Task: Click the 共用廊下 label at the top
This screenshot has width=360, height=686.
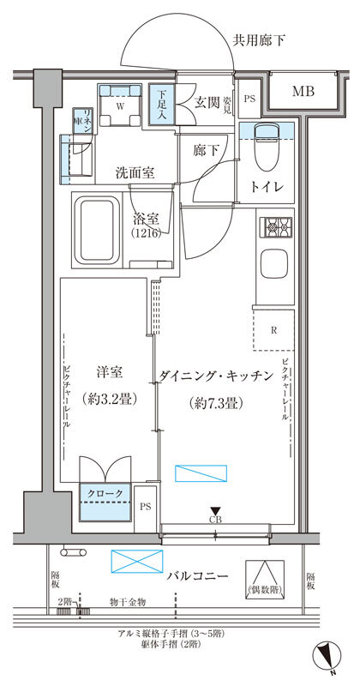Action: coord(261,39)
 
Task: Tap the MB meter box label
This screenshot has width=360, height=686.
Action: coord(301,92)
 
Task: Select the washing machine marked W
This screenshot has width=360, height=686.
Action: coord(119,106)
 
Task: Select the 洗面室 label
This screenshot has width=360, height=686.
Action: coord(135,172)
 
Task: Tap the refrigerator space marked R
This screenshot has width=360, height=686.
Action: coord(273,329)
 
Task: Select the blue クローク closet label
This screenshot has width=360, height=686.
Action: coord(107,493)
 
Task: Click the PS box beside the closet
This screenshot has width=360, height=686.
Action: coord(146,506)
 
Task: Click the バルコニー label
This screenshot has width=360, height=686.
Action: coord(197,575)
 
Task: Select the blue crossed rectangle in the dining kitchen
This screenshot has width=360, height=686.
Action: coord(201,472)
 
